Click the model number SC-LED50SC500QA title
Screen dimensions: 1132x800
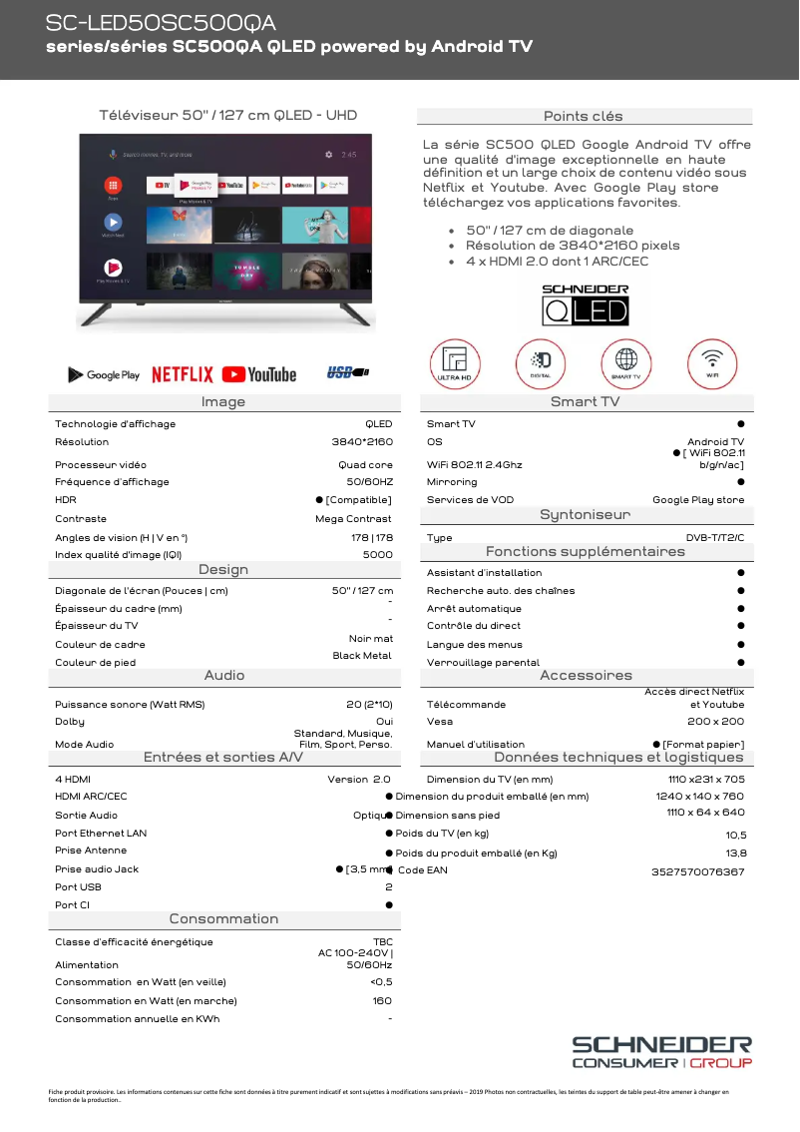click(162, 23)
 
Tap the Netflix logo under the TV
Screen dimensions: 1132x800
click(183, 374)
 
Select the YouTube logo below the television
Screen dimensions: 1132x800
click(259, 374)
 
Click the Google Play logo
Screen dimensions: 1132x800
click(104, 375)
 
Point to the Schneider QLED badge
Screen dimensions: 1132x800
click(585, 304)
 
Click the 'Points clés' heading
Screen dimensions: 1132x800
click(584, 116)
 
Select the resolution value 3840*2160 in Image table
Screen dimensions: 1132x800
click(362, 441)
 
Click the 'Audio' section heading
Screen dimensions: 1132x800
click(224, 676)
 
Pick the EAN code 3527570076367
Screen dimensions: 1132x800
click(697, 871)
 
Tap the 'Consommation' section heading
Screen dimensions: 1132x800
click(223, 918)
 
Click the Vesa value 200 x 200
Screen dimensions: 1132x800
click(715, 721)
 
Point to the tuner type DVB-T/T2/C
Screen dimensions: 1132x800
click(714, 537)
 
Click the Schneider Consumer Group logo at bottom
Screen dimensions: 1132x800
click(661, 1051)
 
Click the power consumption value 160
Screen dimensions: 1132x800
click(382, 1000)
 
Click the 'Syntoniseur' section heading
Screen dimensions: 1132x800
click(585, 515)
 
